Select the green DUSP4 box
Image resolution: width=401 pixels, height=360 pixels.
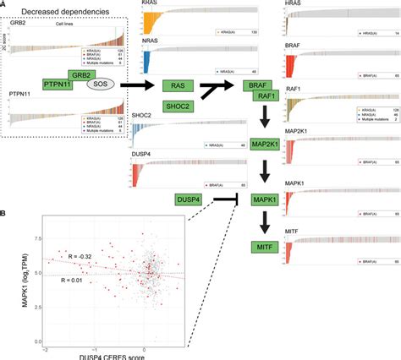click(181, 197)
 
